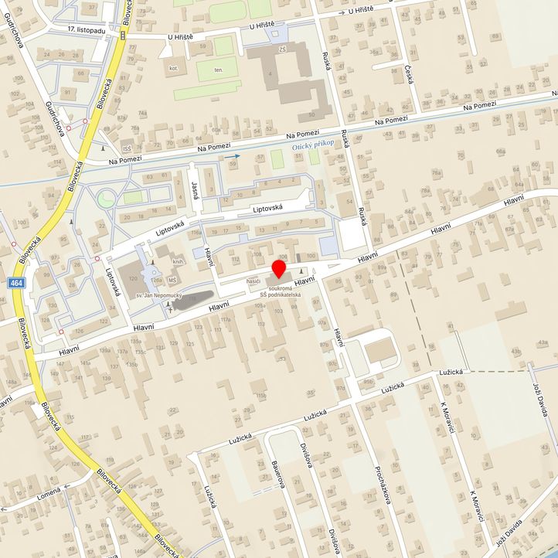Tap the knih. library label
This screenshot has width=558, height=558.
tap(178, 263)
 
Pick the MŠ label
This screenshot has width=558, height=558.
tap(173, 279)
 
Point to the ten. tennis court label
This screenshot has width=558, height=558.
tap(219, 70)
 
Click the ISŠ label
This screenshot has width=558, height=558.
tap(127, 148)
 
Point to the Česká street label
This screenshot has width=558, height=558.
tap(408, 75)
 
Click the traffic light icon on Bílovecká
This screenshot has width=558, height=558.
tap(123, 36)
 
